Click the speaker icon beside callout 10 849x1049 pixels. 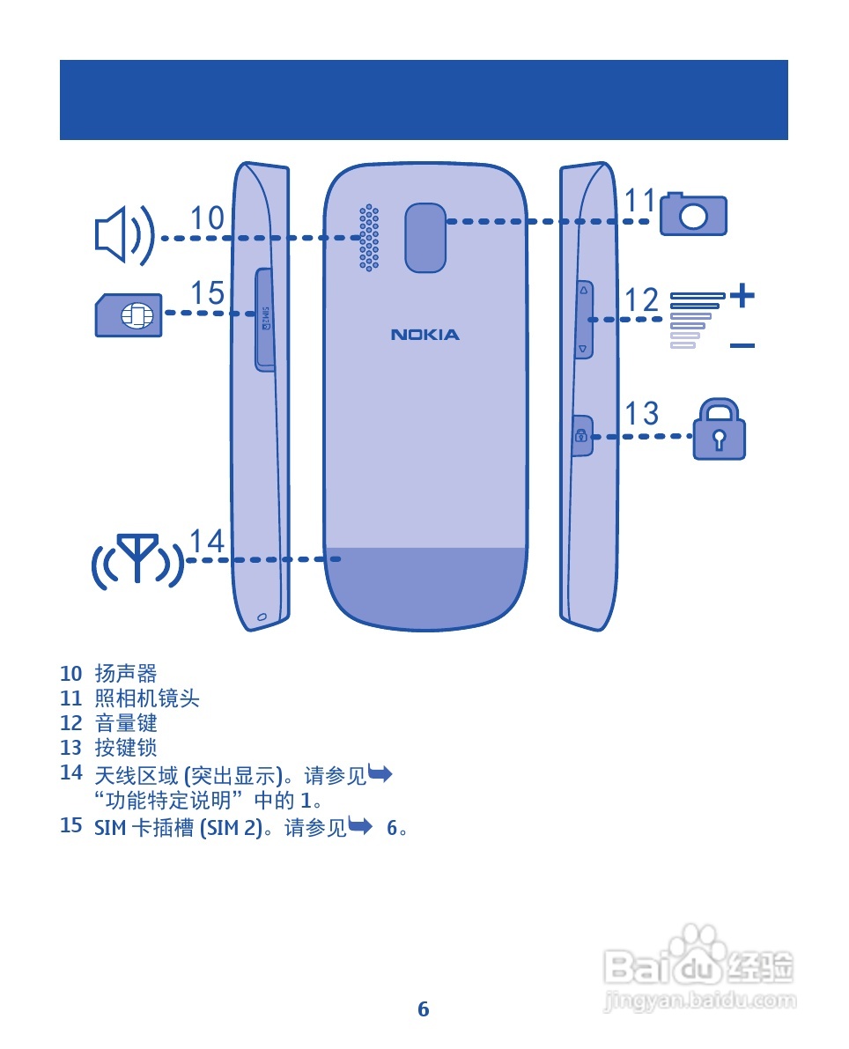(x=123, y=236)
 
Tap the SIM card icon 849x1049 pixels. (x=129, y=314)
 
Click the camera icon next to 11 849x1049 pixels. (x=694, y=214)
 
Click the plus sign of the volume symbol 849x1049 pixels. (x=742, y=295)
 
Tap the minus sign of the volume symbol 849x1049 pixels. (x=742, y=346)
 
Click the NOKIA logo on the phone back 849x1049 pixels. (x=425, y=335)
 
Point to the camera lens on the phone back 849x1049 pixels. (x=425, y=237)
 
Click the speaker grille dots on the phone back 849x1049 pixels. (x=369, y=238)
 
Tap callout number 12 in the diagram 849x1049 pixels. (x=642, y=300)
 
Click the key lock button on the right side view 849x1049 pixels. (x=581, y=435)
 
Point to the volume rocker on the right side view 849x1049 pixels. (x=583, y=319)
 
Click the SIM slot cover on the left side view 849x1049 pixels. (x=264, y=318)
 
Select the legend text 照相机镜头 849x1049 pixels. (x=147, y=698)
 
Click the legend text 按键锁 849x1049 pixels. (x=126, y=748)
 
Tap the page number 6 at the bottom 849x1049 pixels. (x=424, y=1009)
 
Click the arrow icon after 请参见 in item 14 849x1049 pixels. (x=380, y=775)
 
